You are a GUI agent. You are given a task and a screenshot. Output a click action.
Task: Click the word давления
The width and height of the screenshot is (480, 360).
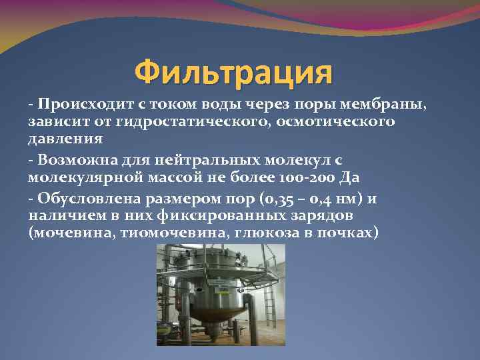(65, 139)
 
